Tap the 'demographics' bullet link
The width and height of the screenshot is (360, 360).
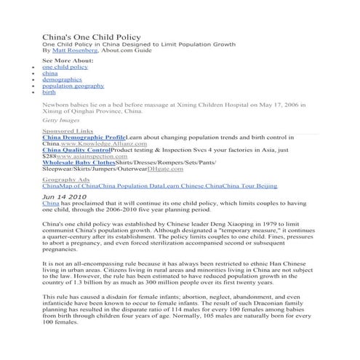(x=62, y=79)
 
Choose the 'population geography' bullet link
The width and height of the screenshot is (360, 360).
(x=73, y=86)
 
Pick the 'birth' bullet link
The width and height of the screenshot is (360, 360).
(x=49, y=92)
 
